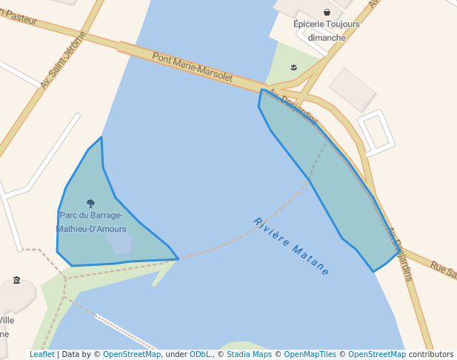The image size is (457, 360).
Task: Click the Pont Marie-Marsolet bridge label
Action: [193, 67]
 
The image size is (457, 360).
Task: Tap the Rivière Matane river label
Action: [291, 247]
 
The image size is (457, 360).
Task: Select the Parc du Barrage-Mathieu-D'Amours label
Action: [93, 222]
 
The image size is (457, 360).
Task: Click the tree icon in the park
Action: [91, 203]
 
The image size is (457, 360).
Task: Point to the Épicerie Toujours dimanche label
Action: [327, 30]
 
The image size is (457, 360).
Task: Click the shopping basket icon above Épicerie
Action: [327, 12]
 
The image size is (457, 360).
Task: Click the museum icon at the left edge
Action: [17, 280]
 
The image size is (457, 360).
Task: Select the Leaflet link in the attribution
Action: [41, 354]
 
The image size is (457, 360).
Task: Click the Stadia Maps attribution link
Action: [247, 354]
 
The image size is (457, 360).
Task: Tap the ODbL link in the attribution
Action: [201, 354]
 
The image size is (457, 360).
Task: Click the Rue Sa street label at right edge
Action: [443, 269]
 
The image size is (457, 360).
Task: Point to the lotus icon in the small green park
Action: [294, 67]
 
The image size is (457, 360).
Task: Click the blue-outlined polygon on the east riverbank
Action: [326, 178]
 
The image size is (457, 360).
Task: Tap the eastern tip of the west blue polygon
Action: [178, 259]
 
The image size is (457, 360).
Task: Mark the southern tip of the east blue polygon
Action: [373, 271]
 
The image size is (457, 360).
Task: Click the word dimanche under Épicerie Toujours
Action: [327, 37]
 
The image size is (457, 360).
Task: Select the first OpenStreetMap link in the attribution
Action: [131, 354]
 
